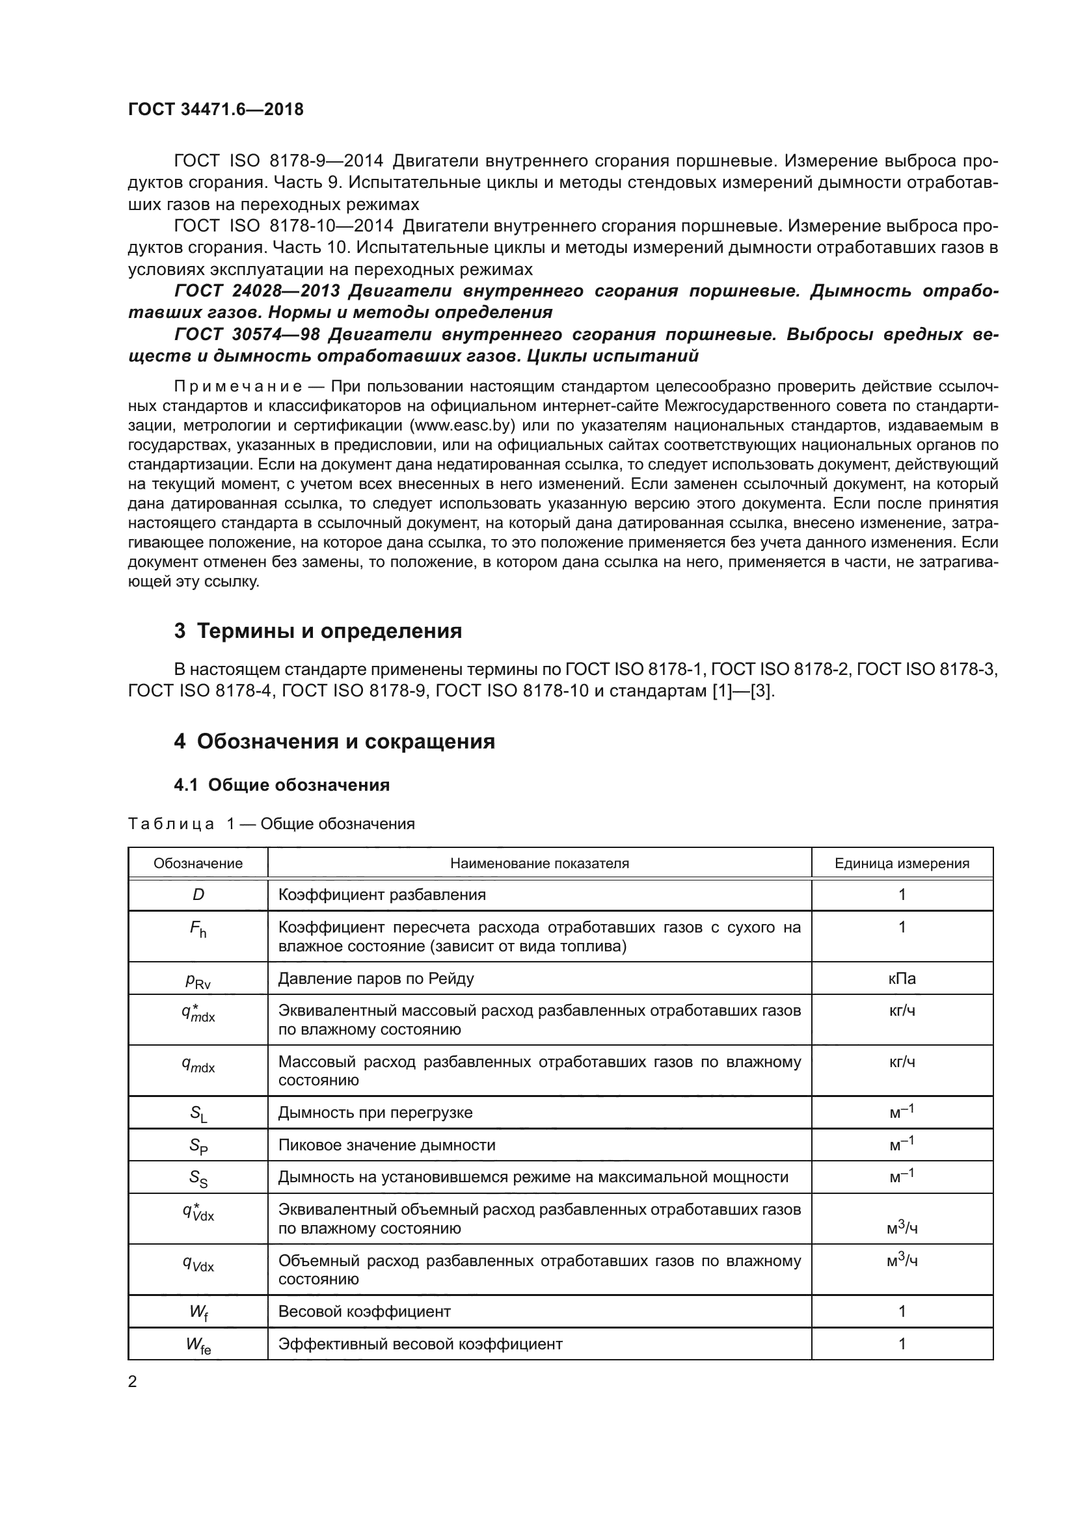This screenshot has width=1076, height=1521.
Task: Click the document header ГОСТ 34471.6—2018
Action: pos(215,109)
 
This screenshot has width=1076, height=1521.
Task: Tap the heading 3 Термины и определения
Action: pos(317,631)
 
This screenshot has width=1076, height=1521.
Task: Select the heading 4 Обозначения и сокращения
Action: pos(334,741)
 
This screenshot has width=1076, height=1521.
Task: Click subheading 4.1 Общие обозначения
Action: pos(282,785)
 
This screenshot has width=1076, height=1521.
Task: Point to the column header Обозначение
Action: pos(198,863)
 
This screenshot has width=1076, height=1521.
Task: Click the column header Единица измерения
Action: pos(902,863)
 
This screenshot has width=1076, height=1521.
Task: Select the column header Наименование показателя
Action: pos(539,863)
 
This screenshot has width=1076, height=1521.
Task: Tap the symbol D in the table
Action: pos(198,895)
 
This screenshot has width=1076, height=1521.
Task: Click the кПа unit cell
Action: pos(902,979)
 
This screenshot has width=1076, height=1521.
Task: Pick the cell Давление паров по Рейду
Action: pos(375,979)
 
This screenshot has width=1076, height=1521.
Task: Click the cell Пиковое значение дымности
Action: pos(386,1144)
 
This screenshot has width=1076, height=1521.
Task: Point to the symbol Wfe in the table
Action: pos(198,1345)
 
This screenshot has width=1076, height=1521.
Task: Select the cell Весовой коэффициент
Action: pos(364,1312)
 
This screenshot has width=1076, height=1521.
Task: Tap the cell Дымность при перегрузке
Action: pos(375,1112)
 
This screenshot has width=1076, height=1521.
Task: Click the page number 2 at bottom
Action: pos(133,1382)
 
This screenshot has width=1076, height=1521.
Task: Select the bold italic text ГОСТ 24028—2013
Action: pos(257,291)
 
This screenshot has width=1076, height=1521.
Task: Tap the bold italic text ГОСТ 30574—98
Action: pos(245,334)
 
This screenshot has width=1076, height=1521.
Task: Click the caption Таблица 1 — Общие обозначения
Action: pos(271,823)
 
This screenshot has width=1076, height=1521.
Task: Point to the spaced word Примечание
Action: pos(238,386)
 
